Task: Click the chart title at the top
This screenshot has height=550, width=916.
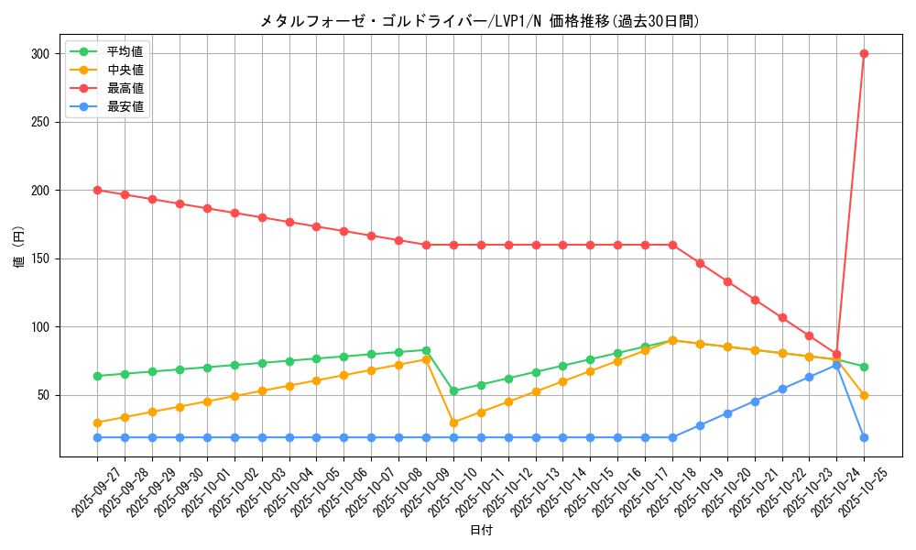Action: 479,21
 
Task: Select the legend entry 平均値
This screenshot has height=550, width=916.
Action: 125,51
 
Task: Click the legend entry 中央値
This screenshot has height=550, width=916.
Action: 125,70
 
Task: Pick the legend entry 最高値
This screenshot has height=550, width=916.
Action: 125,88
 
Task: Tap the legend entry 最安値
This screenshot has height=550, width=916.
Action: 125,106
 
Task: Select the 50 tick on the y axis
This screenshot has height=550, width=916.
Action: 42,395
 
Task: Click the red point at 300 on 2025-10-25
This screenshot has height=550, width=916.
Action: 864,53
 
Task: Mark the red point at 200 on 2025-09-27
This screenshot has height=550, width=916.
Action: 97,190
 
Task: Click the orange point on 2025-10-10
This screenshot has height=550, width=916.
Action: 453,423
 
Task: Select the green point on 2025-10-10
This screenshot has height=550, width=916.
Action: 453,390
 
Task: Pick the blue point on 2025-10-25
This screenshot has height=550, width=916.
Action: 864,437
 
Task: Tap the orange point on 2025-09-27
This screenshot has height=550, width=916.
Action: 97,423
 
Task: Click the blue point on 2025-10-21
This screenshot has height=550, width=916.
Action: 755,401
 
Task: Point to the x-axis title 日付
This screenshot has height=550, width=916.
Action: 481,531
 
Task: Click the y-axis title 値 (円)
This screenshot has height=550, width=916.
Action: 19,247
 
